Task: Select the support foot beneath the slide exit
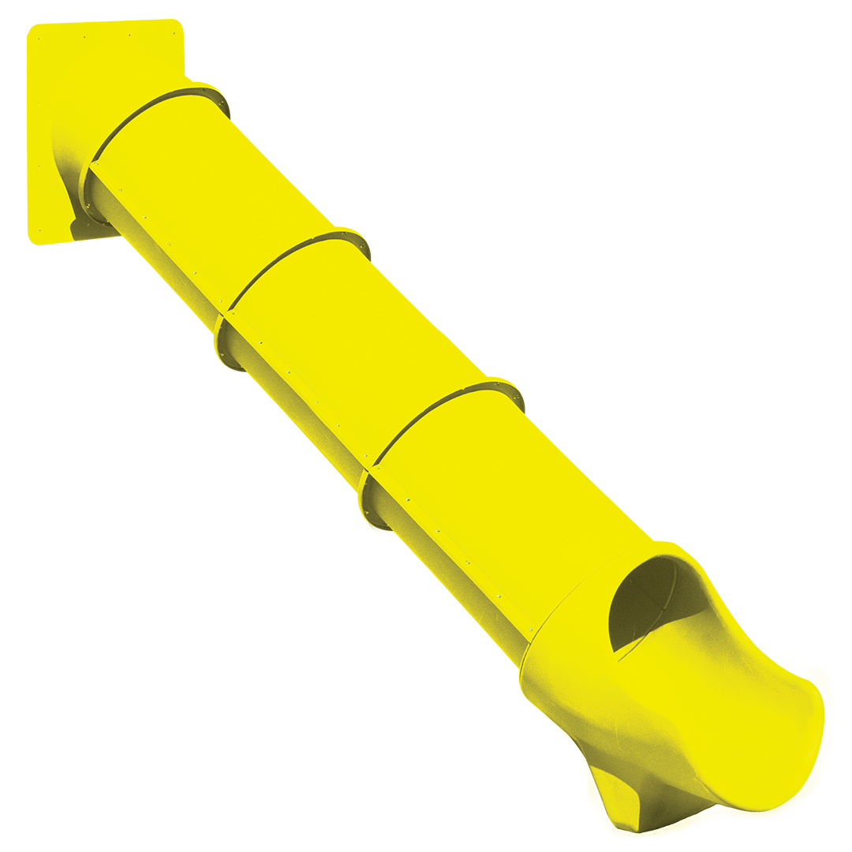tap(623, 797)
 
